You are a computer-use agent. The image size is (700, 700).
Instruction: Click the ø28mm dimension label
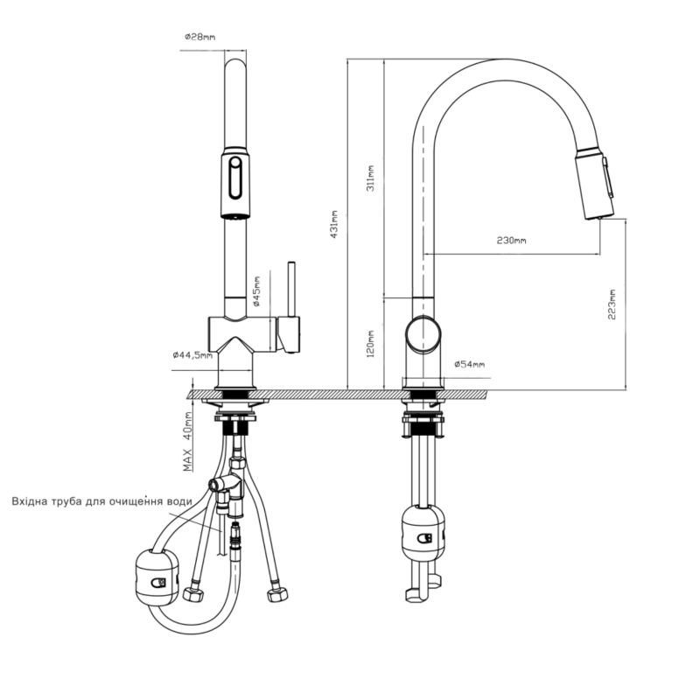[x=200, y=37]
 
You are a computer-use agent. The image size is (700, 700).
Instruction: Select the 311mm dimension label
[x=370, y=178]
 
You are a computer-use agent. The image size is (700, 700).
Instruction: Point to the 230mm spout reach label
[x=512, y=241]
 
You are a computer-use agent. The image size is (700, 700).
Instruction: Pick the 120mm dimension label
[x=370, y=344]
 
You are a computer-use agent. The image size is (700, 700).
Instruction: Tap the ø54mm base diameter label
[x=469, y=364]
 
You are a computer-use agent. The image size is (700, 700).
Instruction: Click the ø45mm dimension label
[x=256, y=291]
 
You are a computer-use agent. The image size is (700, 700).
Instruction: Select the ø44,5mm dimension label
[x=192, y=355]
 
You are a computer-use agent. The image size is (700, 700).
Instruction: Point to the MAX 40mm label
[x=188, y=441]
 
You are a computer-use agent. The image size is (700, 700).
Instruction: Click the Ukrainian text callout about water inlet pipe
[x=101, y=501]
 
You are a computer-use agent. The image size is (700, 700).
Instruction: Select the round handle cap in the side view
[x=423, y=334]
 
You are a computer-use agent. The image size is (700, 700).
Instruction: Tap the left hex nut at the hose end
[x=193, y=593]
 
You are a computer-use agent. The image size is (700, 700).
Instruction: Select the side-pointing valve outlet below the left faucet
[x=216, y=485]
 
